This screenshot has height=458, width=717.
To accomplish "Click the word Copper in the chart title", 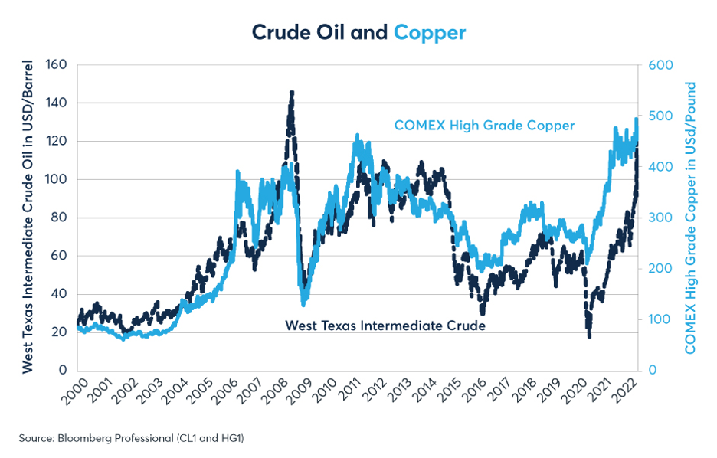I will click(x=430, y=32).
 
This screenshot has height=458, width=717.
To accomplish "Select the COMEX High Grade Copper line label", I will click(x=484, y=125).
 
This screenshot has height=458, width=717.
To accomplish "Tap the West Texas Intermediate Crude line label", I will click(x=385, y=326).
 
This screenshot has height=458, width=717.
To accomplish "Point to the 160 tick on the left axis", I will click(x=56, y=65).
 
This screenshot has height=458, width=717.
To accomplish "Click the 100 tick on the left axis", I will click(x=56, y=179).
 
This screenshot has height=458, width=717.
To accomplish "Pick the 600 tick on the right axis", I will click(x=660, y=65).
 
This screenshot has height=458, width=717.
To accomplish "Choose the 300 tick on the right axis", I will click(x=660, y=218).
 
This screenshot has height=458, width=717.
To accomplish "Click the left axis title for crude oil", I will click(x=28, y=217).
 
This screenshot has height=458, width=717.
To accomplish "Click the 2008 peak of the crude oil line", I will click(x=291, y=92).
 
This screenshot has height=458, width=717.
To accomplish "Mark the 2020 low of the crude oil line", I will click(x=589, y=335).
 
